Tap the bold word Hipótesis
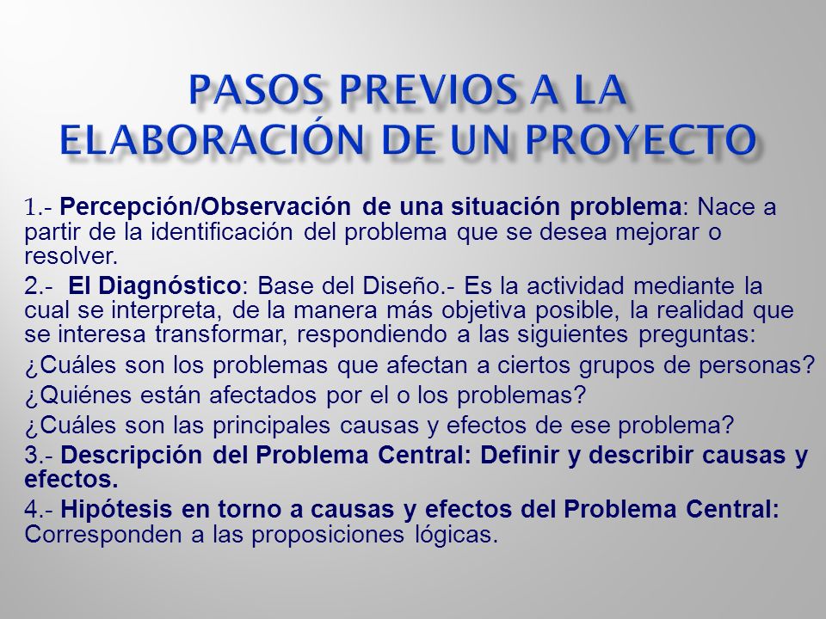pyautogui.click(x=123, y=512)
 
